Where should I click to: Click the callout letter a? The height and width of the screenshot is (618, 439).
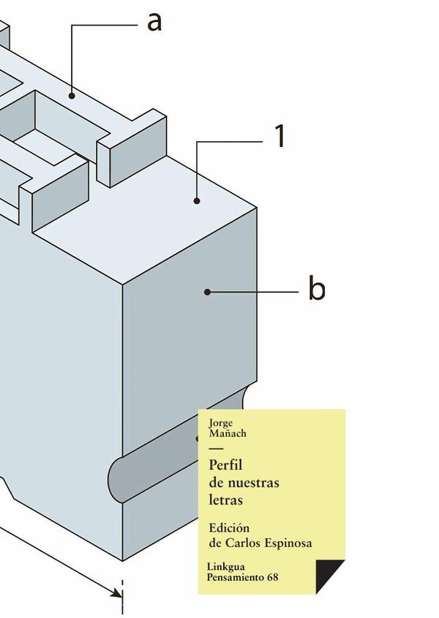pyautogui.click(x=154, y=22)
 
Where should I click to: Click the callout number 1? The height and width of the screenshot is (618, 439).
pyautogui.click(x=279, y=137)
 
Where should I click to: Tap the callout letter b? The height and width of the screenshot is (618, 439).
pyautogui.click(x=316, y=290)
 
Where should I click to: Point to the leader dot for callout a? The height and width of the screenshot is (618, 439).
pyautogui.click(x=72, y=94)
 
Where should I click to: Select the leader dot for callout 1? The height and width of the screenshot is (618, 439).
pyautogui.click(x=197, y=200)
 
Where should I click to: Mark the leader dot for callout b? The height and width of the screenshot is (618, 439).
pyautogui.click(x=208, y=292)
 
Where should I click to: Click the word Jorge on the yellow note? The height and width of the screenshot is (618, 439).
pyautogui.click(x=220, y=423)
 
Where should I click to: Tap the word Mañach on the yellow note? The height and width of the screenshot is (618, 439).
pyautogui.click(x=228, y=433)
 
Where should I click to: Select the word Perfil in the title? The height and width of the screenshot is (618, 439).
pyautogui.click(x=225, y=465)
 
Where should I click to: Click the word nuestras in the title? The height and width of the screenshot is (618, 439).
pyautogui.click(x=253, y=483)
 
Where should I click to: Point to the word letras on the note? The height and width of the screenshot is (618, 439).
pyautogui.click(x=225, y=500)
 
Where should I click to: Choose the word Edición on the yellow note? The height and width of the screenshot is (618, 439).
pyautogui.click(x=229, y=528)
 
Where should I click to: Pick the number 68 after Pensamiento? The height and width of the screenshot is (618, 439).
pyautogui.click(x=273, y=578)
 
